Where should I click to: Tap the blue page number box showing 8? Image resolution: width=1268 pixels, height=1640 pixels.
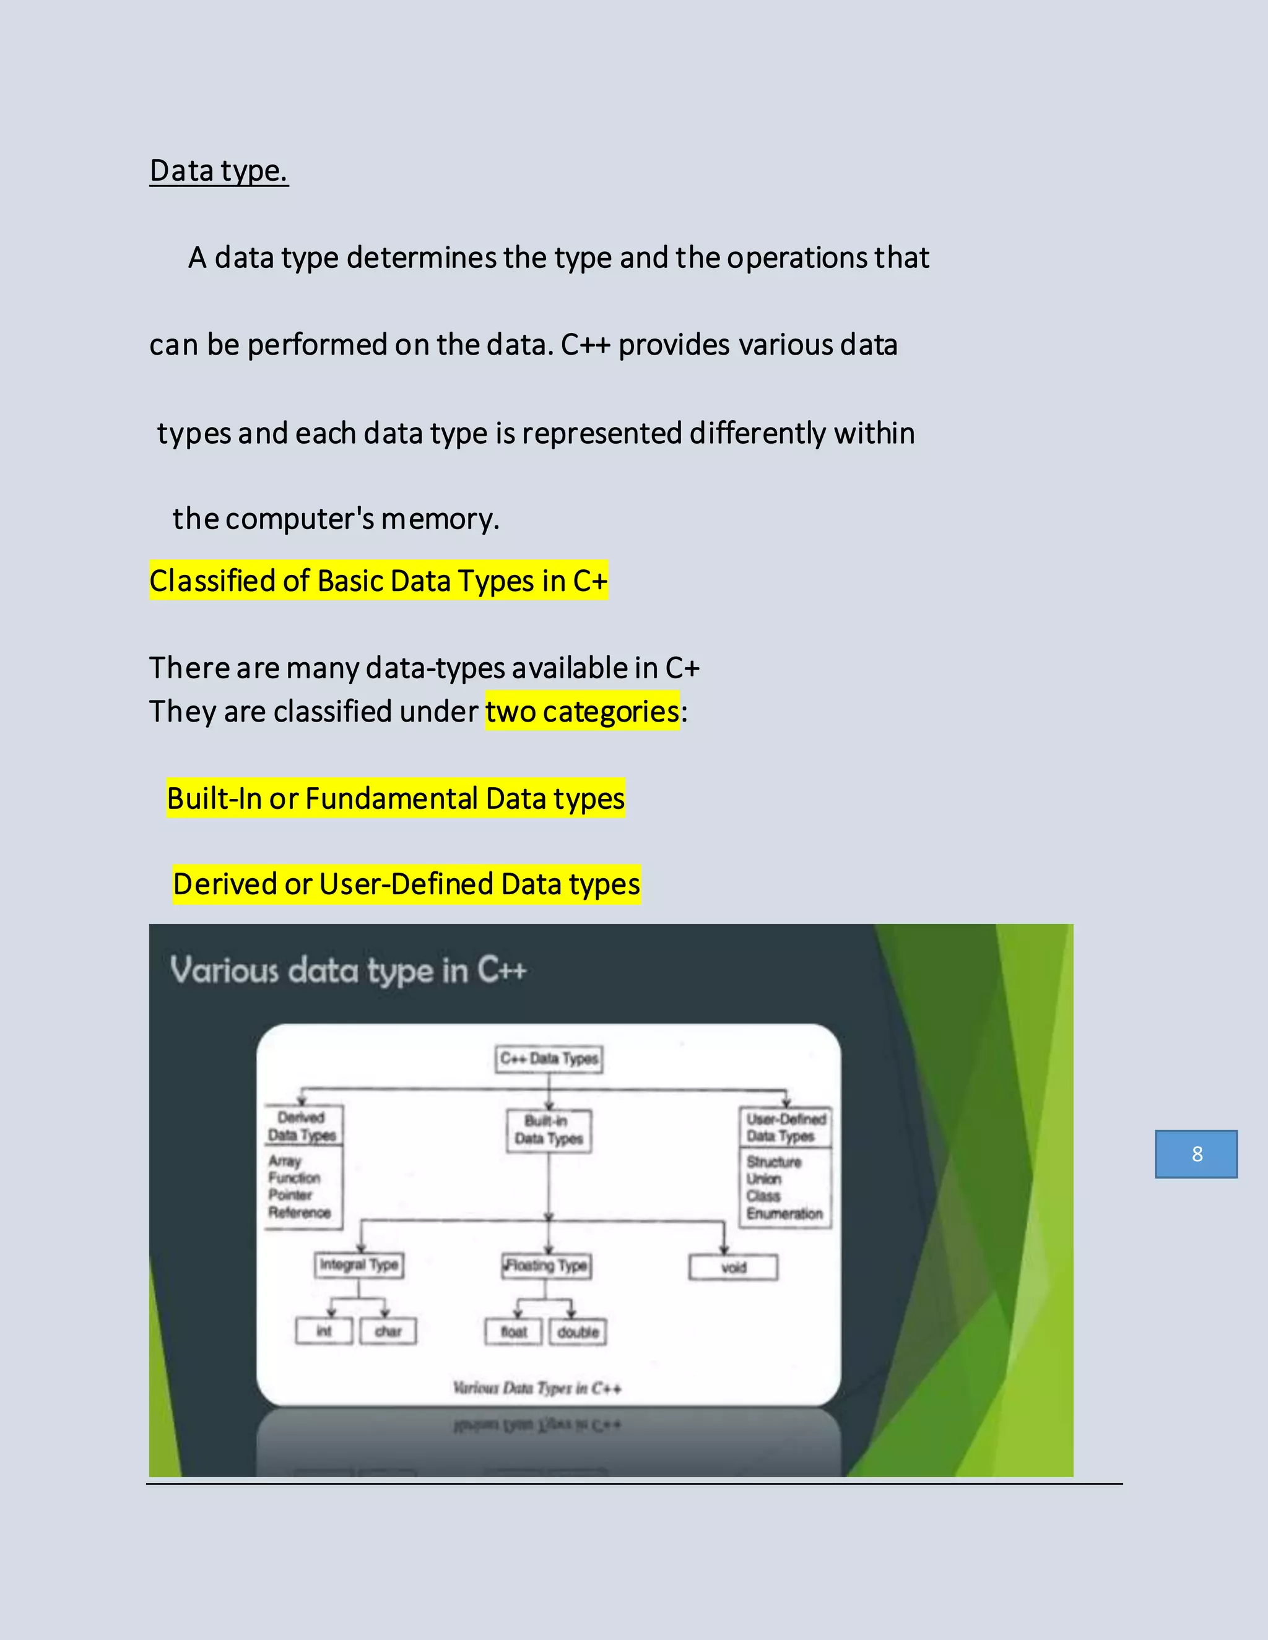[x=1196, y=1154]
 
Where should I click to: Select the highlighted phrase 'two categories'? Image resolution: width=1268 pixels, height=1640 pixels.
[x=582, y=711]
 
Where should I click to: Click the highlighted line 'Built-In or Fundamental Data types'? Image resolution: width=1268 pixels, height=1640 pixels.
[x=396, y=798]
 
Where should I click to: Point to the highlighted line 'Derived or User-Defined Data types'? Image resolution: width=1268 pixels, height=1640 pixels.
[x=406, y=884]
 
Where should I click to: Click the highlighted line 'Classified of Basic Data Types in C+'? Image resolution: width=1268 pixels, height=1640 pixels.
[x=378, y=581]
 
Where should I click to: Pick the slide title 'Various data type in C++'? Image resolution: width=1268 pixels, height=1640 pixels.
[x=348, y=970]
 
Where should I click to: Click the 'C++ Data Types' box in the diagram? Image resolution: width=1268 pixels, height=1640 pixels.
[x=549, y=1059]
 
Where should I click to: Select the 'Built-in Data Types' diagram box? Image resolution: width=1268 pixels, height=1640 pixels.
[x=549, y=1130]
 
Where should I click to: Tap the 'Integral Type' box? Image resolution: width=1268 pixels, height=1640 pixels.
[x=358, y=1266]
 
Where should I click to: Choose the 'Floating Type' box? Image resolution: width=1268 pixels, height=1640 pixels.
[x=547, y=1266]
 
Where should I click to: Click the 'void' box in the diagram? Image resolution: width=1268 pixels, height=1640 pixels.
[x=733, y=1267]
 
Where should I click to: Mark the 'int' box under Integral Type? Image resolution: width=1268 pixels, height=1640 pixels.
[x=324, y=1331]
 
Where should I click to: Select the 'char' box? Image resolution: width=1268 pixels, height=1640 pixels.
[x=388, y=1331]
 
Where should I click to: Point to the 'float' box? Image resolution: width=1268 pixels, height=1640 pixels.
[x=514, y=1332]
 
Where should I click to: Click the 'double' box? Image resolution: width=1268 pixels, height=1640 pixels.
[x=578, y=1332]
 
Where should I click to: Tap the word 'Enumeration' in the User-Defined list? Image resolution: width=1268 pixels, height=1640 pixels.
[x=784, y=1214]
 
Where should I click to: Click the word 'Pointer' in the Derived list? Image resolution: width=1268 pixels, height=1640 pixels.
[x=290, y=1194]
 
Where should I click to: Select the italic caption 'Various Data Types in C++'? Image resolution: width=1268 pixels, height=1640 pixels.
[x=537, y=1388]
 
